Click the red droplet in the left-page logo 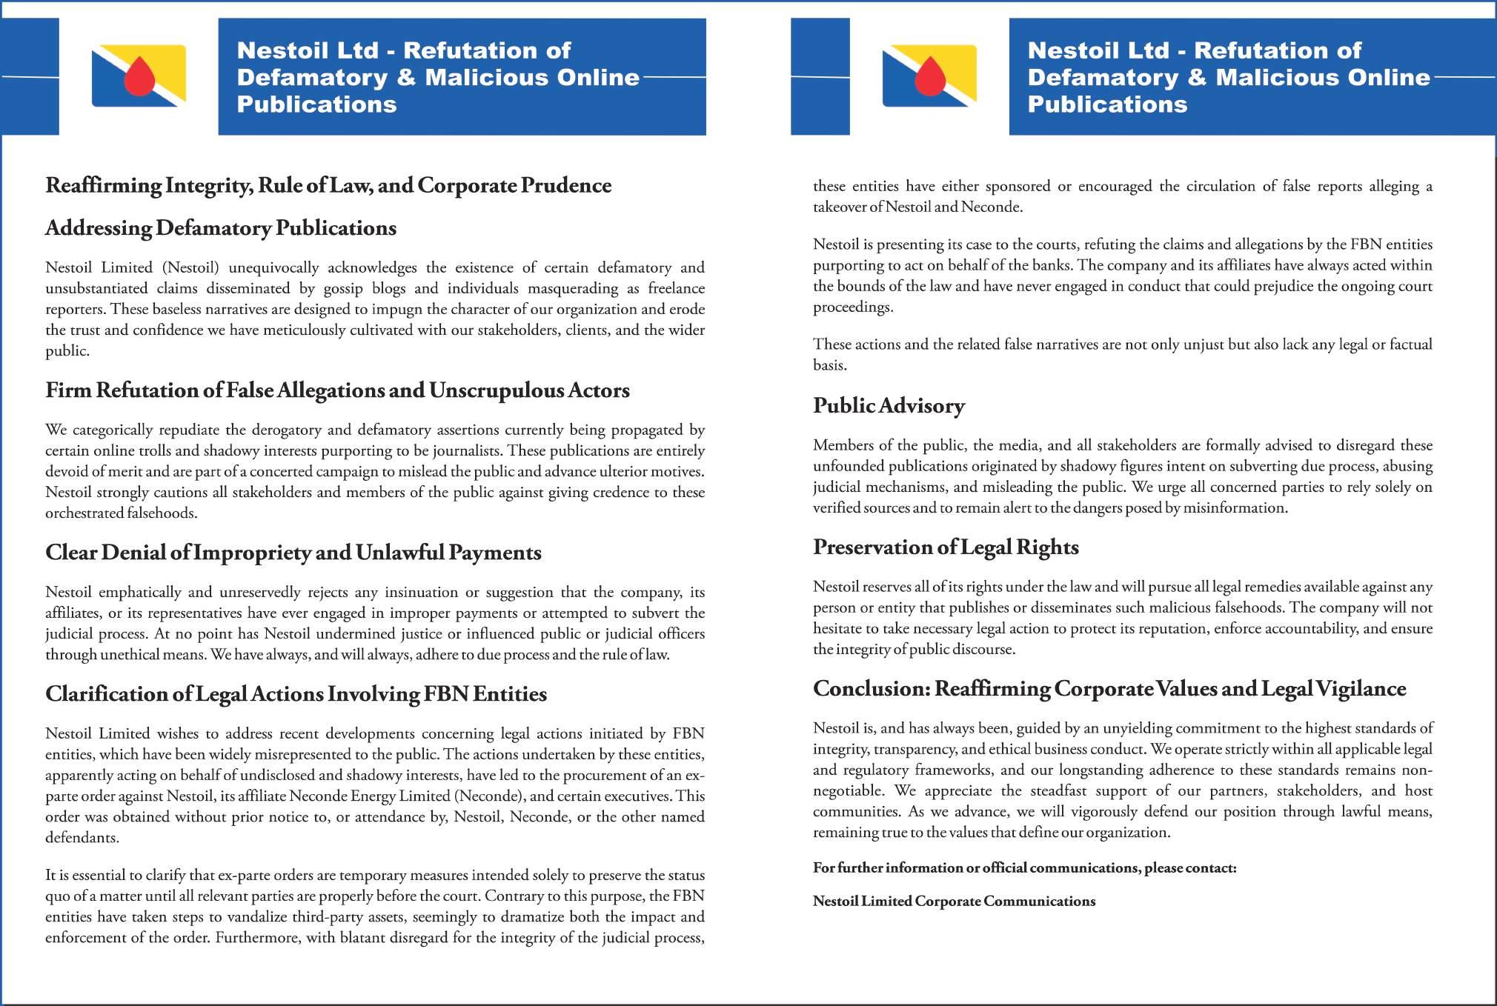[x=139, y=77]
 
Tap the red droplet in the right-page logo [x=930, y=77]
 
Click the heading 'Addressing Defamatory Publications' [x=221, y=227]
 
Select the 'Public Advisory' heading [x=889, y=405]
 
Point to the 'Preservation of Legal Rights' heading [x=946, y=547]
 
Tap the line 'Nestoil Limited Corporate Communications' [x=954, y=901]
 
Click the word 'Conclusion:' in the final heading [x=871, y=689]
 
